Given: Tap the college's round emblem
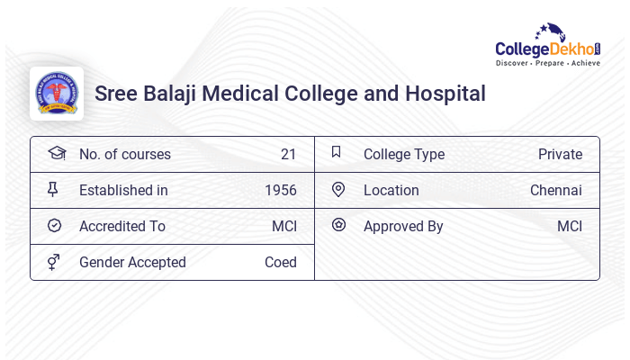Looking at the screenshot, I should coord(57,94).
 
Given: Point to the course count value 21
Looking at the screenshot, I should coord(288,154).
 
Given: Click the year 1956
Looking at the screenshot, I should coord(281,190).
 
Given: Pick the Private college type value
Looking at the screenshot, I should coord(560,154).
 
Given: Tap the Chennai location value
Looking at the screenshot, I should coord(556,190).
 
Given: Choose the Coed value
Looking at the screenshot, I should coord(281,262).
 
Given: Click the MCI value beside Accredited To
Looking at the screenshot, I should coord(284,226).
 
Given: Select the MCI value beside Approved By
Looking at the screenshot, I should coord(570,226).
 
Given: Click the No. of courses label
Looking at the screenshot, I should coord(125,154).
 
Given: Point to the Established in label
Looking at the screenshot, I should coord(123,190).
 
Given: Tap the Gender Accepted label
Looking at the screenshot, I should coord(132,262).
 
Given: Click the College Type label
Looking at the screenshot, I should coord(404,154).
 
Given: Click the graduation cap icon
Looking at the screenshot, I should coord(56,153).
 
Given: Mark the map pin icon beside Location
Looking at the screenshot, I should coord(338,189).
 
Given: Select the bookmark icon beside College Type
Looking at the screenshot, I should coord(337,152).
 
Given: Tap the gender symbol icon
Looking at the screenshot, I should coord(54,262).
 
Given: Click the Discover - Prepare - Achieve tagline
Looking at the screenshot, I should coord(548,64).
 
